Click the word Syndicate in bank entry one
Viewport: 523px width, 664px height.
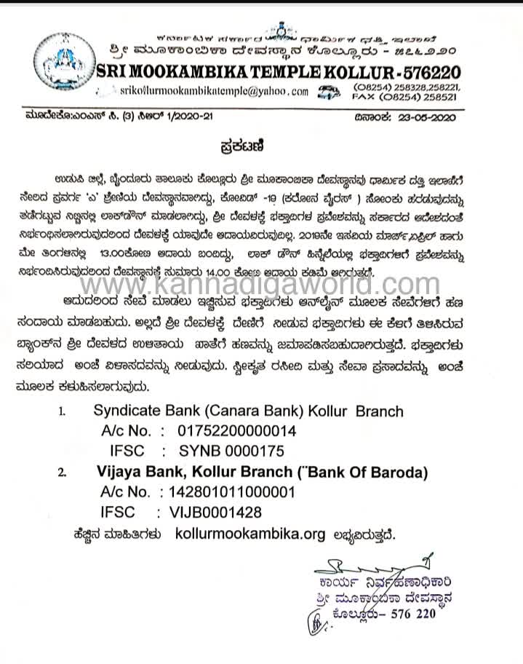coord(129,411)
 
